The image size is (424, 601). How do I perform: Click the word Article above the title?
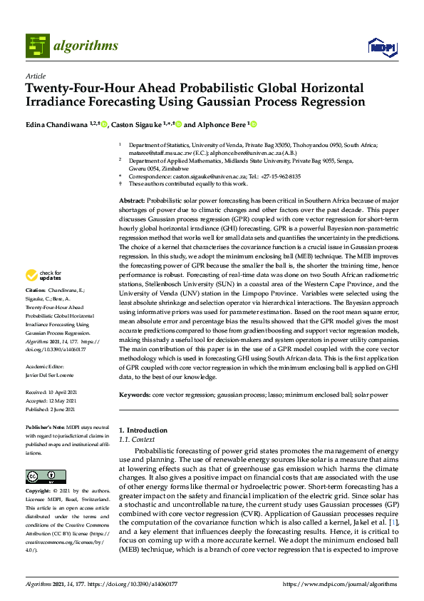[35, 76]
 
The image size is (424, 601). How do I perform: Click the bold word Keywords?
[135, 395]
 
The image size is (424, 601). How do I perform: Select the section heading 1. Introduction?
[143, 430]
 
